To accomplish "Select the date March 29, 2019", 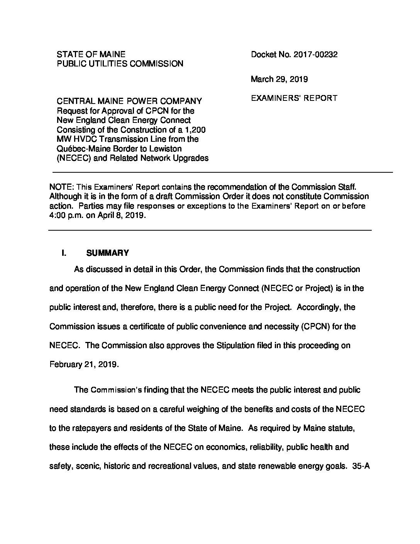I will pyautogui.click(x=279, y=79).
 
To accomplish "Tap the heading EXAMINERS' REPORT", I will pyautogui.click(x=294, y=98).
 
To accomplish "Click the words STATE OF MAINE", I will pyautogui.click(x=91, y=54).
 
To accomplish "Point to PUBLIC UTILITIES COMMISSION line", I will pyautogui.click(x=120, y=64).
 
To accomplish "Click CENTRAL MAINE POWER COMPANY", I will pyautogui.click(x=129, y=101).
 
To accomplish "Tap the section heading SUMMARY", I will pyautogui.click(x=108, y=253).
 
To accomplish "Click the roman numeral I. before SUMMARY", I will pyautogui.click(x=64, y=253).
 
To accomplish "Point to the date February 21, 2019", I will pyautogui.click(x=83, y=364).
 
